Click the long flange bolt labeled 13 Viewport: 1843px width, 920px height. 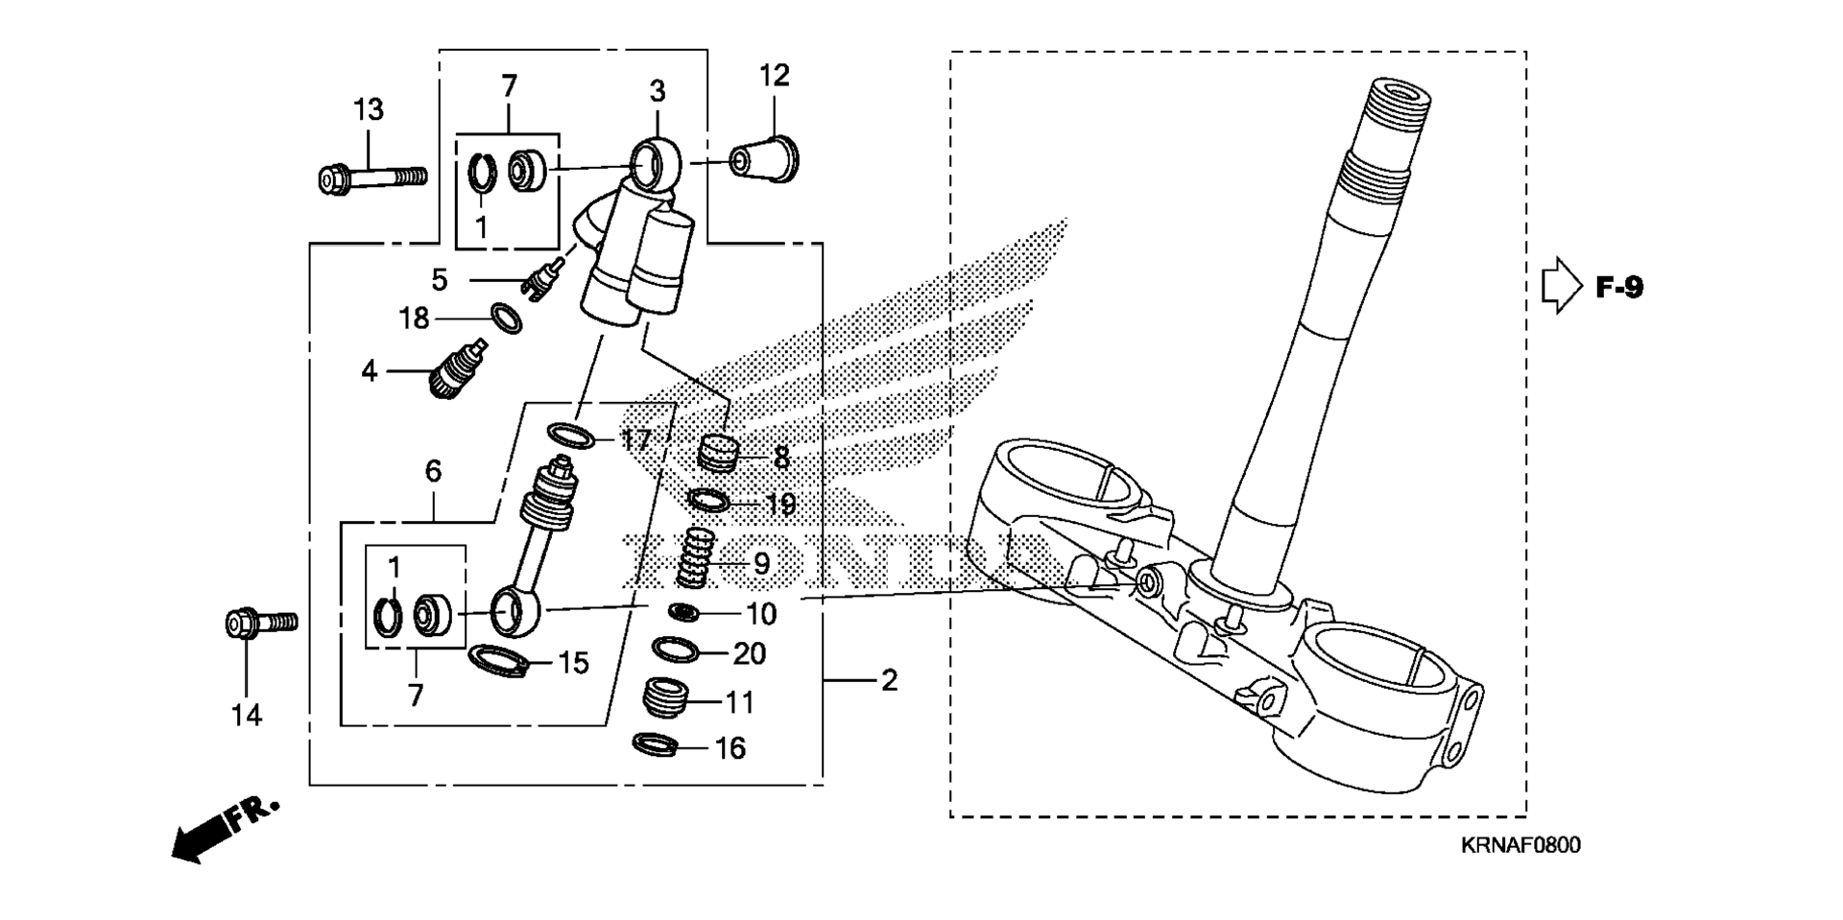371,178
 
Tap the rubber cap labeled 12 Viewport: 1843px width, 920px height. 765,161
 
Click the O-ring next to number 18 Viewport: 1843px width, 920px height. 507,318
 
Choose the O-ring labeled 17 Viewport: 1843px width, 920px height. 571,436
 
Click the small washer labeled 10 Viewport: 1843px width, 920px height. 683,612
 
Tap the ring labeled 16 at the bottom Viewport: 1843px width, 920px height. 658,743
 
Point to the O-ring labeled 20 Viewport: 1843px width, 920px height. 676,650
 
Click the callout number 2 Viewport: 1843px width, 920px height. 889,681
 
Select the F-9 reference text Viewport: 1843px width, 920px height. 1619,287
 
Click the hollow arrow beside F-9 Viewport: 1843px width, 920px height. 1561,286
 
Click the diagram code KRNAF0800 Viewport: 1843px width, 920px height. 1520,845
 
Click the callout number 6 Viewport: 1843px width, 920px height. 433,471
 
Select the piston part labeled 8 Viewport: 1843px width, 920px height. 718,452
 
